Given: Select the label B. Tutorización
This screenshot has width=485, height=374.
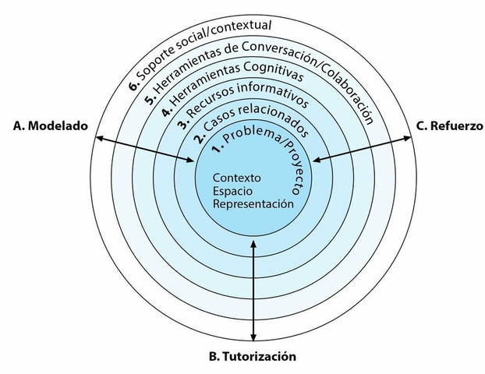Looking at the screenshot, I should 253,358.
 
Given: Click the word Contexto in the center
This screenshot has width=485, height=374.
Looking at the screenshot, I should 237,177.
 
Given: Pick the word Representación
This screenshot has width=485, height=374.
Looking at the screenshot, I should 253,203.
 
